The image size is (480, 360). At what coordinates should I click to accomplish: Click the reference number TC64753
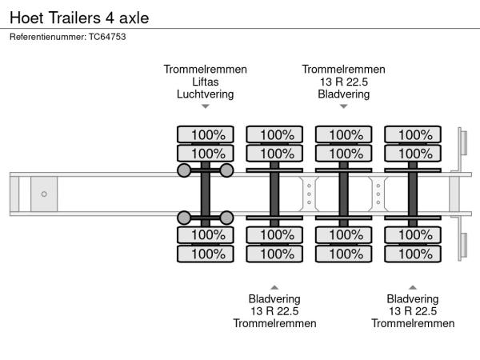point(107,37)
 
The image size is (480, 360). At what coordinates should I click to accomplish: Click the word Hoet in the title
point(26,18)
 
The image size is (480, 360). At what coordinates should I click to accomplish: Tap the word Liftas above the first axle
point(206,82)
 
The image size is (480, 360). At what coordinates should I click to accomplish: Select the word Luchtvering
point(206,94)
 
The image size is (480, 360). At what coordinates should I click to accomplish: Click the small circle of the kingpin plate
point(44,194)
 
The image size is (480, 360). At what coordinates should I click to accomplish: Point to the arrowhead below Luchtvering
point(206,106)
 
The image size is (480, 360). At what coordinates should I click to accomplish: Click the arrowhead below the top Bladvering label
point(344,106)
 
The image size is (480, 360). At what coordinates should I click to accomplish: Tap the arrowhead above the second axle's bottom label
point(274,287)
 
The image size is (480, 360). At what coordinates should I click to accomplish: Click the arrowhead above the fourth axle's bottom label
point(413,287)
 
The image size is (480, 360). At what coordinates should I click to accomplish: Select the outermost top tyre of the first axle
point(206,134)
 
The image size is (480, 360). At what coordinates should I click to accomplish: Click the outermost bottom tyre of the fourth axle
point(413,254)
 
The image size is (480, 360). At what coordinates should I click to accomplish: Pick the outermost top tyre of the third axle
point(344,134)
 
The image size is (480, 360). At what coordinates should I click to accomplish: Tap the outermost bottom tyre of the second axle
point(274,254)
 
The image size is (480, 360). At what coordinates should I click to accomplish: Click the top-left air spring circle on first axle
point(184,170)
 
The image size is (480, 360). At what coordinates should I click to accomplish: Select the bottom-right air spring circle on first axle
point(226,218)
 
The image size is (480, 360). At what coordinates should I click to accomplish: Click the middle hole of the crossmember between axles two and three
point(309,194)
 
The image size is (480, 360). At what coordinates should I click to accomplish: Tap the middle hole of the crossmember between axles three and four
point(378,194)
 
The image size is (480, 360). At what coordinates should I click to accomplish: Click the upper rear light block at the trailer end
point(464,142)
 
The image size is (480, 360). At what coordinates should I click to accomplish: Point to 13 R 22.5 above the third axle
point(344,82)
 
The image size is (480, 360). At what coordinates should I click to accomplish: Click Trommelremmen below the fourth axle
point(413,323)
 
